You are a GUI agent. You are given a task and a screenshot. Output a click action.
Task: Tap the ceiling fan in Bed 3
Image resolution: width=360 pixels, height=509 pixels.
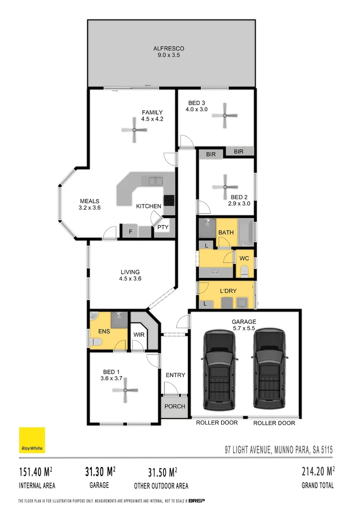(x=225, y=115)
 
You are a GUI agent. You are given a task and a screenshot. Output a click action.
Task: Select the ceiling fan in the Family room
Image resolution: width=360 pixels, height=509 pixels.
(x=135, y=130)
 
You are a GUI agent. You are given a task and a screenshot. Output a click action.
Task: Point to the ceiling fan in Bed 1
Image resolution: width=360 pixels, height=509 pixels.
(x=125, y=390)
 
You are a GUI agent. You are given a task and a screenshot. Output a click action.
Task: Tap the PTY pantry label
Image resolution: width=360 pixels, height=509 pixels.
(x=163, y=227)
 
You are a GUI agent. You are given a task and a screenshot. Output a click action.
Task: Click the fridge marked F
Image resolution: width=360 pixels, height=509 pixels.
(x=131, y=232)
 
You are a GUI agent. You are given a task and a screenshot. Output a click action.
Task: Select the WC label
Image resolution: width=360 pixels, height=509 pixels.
(x=244, y=258)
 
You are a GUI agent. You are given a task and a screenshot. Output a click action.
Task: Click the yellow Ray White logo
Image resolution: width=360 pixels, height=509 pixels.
(x=32, y=440)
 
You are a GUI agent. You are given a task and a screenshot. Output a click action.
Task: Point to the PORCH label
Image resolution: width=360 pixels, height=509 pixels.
(x=174, y=406)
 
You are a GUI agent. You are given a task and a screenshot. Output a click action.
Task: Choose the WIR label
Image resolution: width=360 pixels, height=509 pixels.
(x=139, y=335)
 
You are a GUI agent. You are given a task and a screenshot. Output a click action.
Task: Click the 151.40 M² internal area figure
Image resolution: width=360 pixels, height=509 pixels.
(x=35, y=471)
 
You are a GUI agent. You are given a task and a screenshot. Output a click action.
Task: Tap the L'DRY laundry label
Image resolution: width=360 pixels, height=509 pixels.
(x=228, y=291)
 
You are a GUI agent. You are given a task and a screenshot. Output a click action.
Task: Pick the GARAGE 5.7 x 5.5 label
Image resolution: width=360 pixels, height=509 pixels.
(x=244, y=325)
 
